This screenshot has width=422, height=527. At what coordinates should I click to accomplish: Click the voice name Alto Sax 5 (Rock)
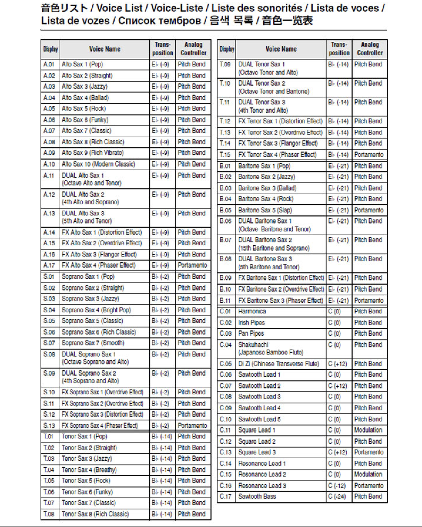(x=83, y=109)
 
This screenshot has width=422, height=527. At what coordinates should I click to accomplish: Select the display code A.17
(x=49, y=265)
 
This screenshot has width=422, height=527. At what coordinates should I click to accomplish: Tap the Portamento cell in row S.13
(x=192, y=425)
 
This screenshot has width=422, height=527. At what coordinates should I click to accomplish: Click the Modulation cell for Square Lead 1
(x=368, y=430)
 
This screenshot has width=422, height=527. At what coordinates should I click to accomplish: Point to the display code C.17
(x=225, y=496)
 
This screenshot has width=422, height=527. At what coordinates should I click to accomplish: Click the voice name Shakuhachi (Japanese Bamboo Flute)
(x=271, y=348)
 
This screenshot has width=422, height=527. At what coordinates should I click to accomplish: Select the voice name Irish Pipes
(x=251, y=323)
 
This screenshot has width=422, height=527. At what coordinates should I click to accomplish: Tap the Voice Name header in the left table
(x=105, y=49)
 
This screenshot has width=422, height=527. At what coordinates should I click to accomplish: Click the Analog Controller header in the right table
(x=370, y=49)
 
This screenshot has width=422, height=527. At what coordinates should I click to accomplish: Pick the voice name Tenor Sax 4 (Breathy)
(x=89, y=470)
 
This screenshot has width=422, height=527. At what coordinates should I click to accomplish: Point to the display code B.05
(x=225, y=210)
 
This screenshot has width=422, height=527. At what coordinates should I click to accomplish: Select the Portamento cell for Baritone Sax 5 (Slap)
(x=369, y=210)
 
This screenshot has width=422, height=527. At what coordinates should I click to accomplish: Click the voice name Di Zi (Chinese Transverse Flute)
(x=278, y=364)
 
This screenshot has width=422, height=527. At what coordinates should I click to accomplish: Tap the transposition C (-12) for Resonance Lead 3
(x=337, y=486)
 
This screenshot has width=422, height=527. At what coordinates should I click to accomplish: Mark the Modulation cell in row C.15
(x=368, y=474)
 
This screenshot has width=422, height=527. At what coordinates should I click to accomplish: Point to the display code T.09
(x=225, y=64)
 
